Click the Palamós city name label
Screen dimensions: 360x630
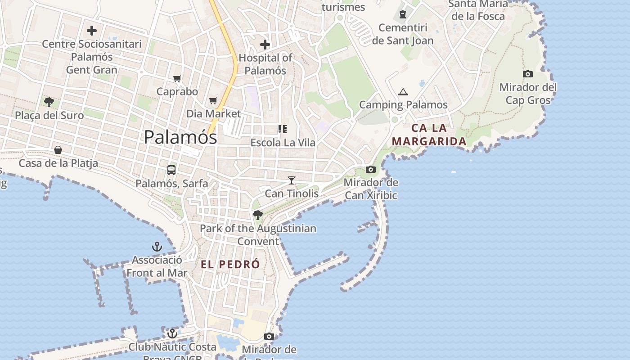[180, 137]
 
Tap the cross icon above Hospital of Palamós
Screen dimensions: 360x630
[265, 45]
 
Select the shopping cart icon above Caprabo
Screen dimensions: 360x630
[177, 79]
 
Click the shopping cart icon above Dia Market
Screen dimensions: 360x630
[213, 101]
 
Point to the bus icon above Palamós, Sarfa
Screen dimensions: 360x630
[171, 170]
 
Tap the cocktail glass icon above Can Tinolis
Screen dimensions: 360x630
[292, 180]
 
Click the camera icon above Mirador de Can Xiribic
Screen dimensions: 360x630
[371, 170]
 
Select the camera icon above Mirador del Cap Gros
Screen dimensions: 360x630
[528, 74]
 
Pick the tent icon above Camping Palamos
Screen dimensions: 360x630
[403, 92]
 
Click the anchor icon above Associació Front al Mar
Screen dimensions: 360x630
[157, 247]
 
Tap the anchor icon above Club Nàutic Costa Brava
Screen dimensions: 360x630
[172, 333]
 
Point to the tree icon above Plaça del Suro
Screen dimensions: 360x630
[49, 102]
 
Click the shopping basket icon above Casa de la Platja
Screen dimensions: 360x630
[58, 150]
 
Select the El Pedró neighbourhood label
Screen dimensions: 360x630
[230, 264]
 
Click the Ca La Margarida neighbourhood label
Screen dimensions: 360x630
[429, 135]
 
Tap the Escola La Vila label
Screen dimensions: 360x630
[283, 143]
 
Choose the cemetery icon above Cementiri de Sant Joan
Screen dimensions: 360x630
[403, 15]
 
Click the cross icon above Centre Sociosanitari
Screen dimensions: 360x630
[92, 31]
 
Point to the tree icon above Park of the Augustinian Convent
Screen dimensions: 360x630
[258, 215]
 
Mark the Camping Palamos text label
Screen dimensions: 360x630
[403, 105]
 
